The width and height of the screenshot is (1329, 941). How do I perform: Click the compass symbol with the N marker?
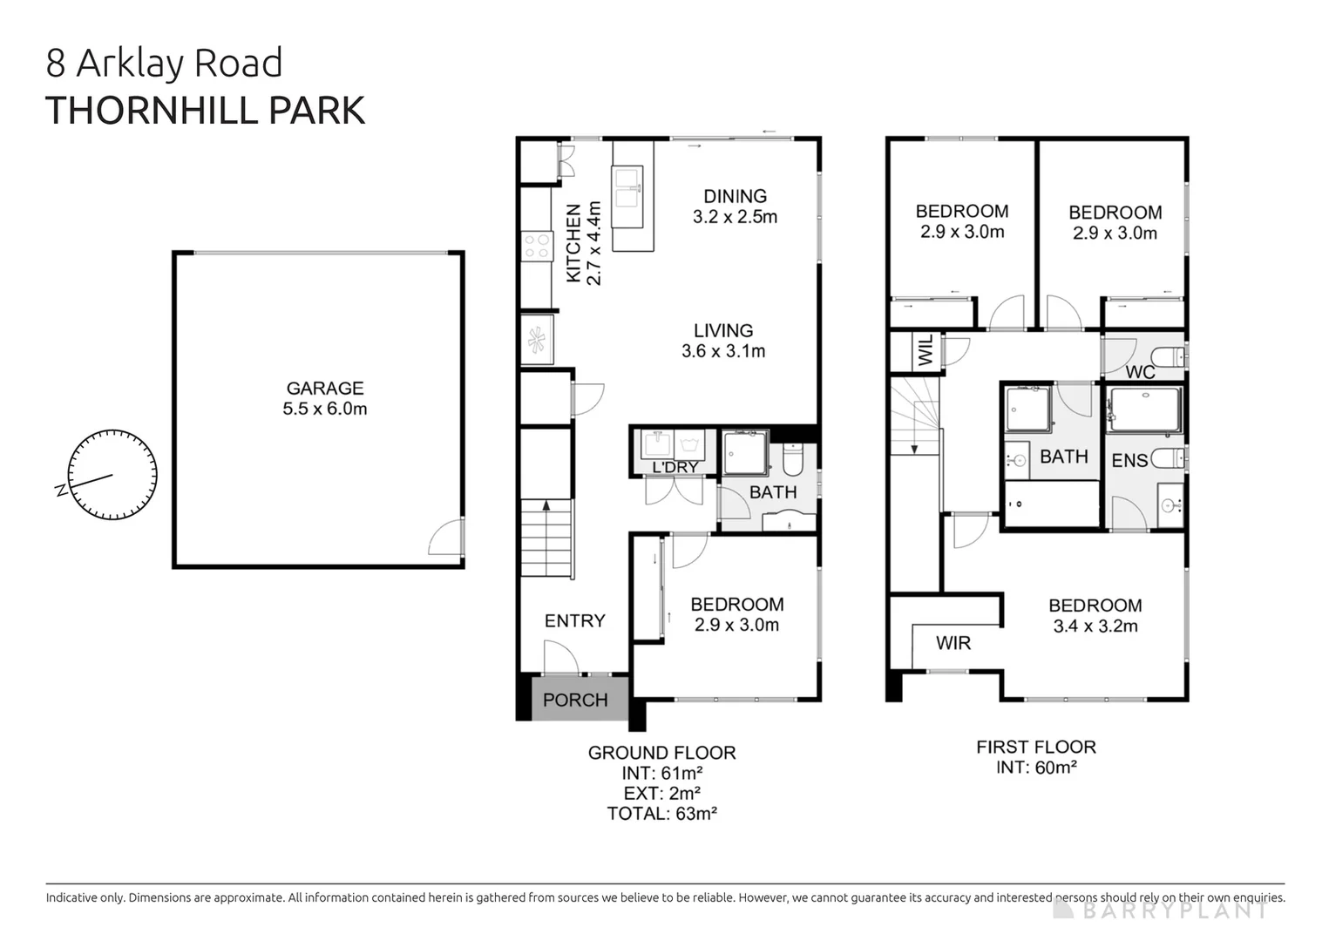click(112, 475)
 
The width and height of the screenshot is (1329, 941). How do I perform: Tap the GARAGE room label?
click(325, 389)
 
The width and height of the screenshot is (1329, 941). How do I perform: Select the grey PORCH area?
click(574, 700)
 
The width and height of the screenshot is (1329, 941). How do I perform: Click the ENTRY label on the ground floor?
click(574, 620)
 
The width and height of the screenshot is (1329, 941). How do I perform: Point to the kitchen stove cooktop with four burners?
click(537, 245)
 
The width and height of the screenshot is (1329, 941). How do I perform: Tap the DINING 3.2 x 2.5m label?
click(735, 206)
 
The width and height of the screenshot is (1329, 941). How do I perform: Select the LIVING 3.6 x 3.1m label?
click(723, 341)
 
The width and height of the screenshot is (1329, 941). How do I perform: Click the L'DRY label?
click(675, 468)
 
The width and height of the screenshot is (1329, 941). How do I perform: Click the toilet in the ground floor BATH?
click(792, 458)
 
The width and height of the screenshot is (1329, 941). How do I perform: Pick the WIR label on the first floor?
click(953, 643)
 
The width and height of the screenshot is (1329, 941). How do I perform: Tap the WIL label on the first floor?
click(926, 350)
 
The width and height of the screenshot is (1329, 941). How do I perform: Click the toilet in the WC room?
click(1167, 357)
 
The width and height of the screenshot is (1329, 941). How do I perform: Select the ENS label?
click(1129, 460)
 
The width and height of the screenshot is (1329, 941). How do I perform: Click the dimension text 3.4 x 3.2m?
click(1095, 626)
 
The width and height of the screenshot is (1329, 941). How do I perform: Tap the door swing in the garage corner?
click(447, 538)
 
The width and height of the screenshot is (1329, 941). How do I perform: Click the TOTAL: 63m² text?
click(661, 814)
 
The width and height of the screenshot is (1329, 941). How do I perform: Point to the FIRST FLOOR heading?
click(1035, 747)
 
